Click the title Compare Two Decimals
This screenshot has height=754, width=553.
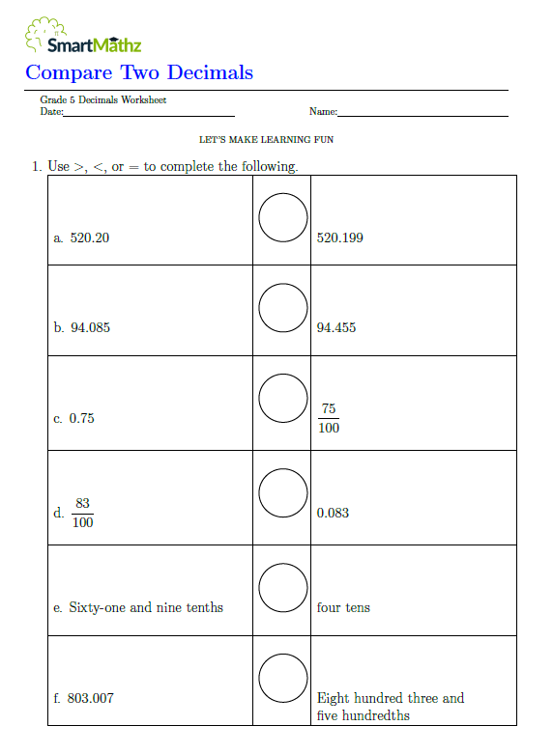point(139,72)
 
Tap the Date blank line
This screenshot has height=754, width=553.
point(149,114)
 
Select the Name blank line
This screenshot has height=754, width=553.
point(422,114)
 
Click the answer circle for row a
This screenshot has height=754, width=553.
point(283,216)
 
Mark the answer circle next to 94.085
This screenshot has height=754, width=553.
point(283,307)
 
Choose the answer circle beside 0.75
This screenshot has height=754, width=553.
point(283,398)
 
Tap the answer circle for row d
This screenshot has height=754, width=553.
point(283,492)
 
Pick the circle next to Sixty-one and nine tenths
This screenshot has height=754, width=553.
point(283,586)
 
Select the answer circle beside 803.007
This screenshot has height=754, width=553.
point(283,678)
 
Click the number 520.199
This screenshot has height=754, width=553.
point(340,237)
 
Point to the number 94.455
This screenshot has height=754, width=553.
point(336,328)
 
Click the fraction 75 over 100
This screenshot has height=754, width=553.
point(329,418)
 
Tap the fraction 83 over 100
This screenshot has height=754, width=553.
point(83,513)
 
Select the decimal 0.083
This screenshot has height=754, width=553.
point(333,514)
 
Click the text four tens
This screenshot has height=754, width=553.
point(343,608)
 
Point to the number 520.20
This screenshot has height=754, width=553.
point(90,237)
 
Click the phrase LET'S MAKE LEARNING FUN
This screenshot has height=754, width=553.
point(267,140)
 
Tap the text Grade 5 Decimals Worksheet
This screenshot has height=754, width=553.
point(103,100)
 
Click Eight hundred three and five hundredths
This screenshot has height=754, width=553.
point(391,707)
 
